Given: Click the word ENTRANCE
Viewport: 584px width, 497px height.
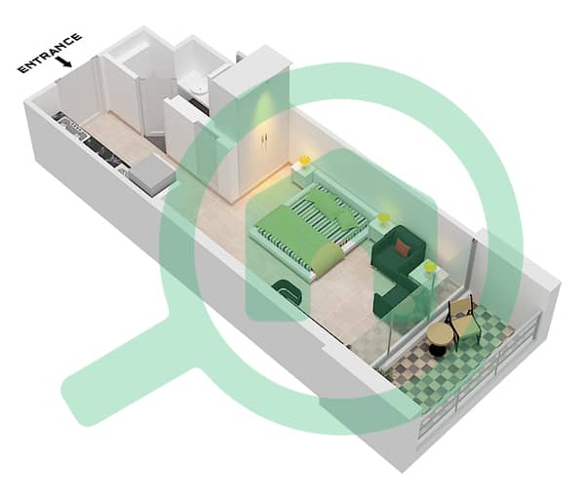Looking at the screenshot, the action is [x=50, y=53].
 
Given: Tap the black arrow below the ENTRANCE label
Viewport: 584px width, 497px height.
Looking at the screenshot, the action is [x=64, y=62].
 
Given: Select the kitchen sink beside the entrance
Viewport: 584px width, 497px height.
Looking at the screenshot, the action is [x=69, y=125].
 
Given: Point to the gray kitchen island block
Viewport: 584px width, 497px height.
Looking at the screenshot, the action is [x=152, y=174].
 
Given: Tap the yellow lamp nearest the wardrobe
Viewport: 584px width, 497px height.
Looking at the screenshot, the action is [x=305, y=161].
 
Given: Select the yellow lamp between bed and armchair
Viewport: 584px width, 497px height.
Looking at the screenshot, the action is [x=383, y=218].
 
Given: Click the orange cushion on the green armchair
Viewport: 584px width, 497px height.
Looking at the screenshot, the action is [x=403, y=248].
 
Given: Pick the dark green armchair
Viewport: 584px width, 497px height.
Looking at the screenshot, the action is [x=399, y=248].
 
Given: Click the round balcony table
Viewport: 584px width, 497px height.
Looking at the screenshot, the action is [x=440, y=333].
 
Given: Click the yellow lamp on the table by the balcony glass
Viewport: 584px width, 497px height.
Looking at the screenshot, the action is [x=431, y=268].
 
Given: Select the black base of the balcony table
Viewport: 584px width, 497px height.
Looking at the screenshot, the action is [x=435, y=350].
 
